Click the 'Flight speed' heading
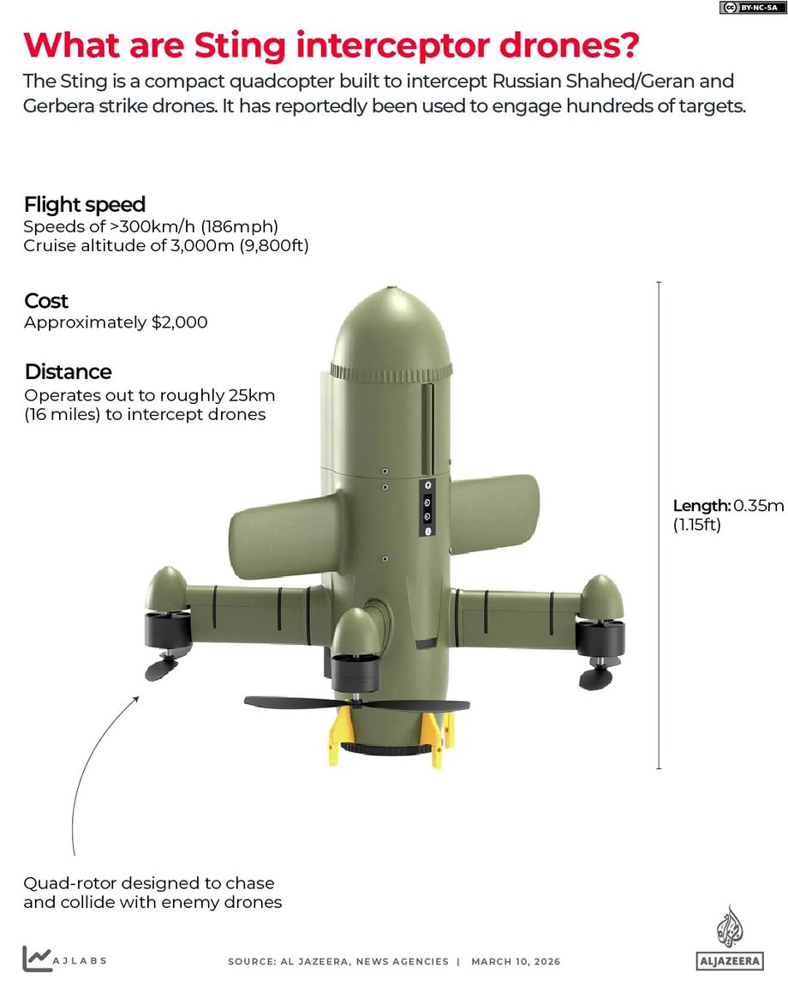(85, 204)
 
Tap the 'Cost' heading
(46, 301)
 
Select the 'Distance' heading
(68, 371)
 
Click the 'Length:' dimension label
(701, 505)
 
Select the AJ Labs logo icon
(35, 959)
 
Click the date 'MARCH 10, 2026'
(516, 961)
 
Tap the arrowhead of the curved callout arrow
(137, 698)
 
